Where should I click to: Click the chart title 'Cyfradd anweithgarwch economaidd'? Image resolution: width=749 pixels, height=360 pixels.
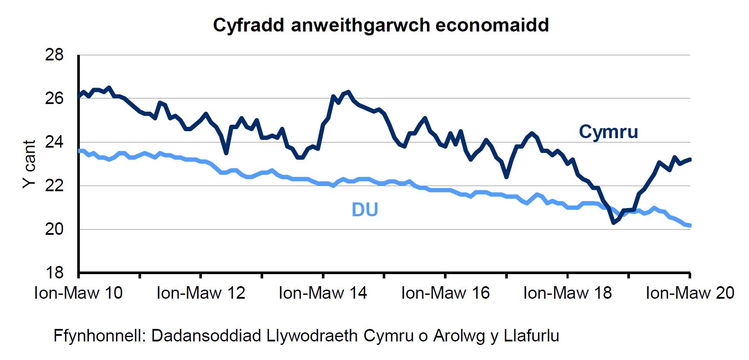(381, 25)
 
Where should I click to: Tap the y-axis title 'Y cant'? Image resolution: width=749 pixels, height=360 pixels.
(29, 164)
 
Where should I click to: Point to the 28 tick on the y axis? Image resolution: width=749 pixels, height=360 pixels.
(54, 55)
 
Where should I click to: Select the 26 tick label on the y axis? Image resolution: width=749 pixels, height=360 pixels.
(54, 98)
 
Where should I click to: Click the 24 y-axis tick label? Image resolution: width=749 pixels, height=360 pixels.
(54, 142)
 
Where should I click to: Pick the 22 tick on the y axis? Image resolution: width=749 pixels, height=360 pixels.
(54, 186)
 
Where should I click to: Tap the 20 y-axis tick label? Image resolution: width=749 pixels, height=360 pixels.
(54, 229)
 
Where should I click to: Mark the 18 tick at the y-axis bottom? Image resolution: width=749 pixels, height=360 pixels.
(54, 273)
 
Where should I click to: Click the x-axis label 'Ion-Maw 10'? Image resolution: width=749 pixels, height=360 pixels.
(79, 293)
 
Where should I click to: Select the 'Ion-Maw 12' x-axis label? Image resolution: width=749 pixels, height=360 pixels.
(201, 293)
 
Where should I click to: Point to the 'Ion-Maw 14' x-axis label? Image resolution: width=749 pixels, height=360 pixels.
(323, 293)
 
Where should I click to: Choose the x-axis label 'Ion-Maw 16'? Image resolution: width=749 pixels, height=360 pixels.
(445, 293)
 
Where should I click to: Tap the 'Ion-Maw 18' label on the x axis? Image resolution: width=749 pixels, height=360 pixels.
(567, 293)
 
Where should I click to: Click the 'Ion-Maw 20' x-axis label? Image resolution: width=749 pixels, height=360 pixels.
(689, 293)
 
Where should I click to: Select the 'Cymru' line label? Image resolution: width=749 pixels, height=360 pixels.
(608, 132)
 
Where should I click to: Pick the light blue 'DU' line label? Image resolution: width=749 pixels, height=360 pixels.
(365, 210)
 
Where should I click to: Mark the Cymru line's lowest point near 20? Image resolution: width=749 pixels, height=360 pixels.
(614, 223)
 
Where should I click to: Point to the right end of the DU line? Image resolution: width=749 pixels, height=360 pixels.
(690, 225)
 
